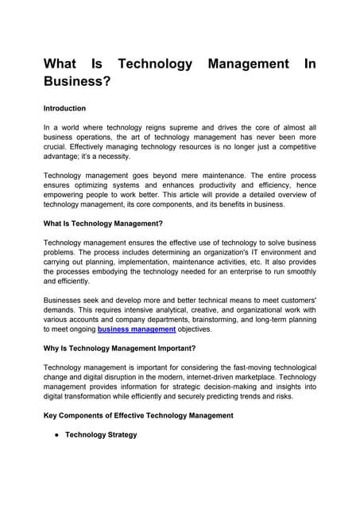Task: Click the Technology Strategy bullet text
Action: [101, 435]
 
